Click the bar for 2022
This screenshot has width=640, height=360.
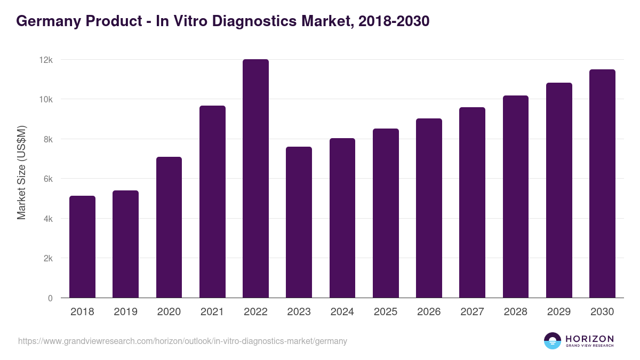point(255,179)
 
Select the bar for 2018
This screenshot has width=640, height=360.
point(82,247)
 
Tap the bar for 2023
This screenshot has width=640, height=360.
point(299,222)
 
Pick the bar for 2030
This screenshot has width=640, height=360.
point(602,183)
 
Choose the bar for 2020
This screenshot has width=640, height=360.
point(169,227)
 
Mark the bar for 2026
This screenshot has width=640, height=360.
point(429,208)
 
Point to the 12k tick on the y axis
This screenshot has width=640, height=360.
point(46,60)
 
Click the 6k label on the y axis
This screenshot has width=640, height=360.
point(47,179)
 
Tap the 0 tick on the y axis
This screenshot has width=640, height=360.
point(50,298)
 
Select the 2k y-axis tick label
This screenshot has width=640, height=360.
point(47,259)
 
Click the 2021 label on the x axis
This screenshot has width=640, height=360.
point(212,312)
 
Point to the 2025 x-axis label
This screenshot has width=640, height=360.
point(386,312)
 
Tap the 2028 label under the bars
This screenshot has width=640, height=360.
point(516,312)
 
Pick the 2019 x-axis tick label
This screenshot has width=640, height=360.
point(125,312)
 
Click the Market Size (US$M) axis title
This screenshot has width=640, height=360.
point(21,172)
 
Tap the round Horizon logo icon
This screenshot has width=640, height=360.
point(553,341)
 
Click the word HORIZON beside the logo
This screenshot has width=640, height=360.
point(589,339)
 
